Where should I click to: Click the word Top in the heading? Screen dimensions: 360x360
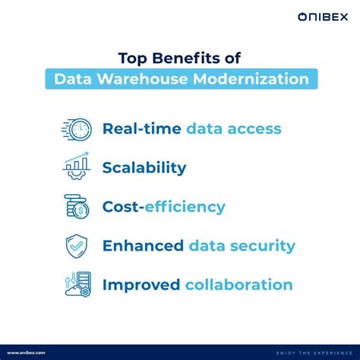point(133,59)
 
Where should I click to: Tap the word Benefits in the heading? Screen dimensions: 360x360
point(189,59)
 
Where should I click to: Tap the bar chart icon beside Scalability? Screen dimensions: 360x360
point(76,167)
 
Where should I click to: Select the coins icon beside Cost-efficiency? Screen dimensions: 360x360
point(76,207)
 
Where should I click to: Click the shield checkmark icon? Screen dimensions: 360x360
point(76,246)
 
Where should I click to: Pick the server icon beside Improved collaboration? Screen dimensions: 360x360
point(76,286)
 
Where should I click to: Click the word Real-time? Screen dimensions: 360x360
point(136,128)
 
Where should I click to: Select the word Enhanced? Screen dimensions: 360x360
point(142,246)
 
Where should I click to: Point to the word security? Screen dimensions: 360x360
point(261,246)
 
